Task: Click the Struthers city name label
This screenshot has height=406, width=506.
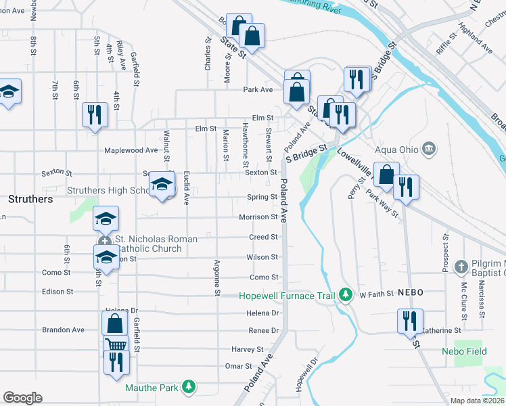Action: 30,200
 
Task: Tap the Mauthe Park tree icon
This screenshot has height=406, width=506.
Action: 190,387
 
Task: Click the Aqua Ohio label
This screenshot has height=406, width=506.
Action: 395,148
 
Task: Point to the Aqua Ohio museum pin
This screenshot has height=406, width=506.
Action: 428,148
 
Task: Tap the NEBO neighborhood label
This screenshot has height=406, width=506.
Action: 410,292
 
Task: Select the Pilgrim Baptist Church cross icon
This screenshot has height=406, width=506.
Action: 461,266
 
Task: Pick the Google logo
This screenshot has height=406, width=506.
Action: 22,398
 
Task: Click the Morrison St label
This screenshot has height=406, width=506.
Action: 258,217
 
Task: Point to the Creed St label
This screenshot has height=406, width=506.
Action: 264,238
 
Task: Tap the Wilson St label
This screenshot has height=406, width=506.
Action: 262,257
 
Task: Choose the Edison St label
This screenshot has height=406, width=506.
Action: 57,292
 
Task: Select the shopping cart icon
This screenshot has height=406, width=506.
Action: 116,345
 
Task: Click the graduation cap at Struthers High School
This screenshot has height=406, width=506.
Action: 162,185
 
